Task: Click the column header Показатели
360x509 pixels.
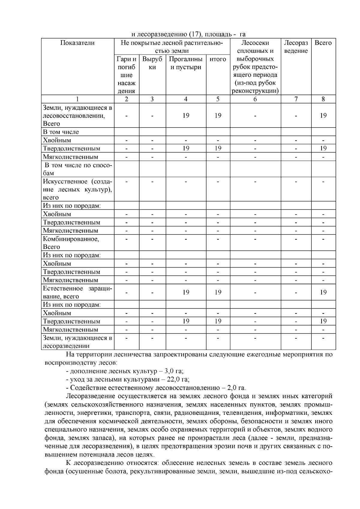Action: (x=77, y=43)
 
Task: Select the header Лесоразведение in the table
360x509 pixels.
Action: (x=296, y=47)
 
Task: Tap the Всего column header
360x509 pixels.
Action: (x=323, y=43)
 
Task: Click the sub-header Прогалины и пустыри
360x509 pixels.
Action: (x=186, y=63)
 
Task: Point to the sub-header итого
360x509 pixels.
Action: (x=218, y=59)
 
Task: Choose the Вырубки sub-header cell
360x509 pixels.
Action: (x=152, y=63)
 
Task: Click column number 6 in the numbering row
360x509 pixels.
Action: (x=255, y=99)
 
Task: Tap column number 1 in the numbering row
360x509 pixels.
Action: (x=77, y=99)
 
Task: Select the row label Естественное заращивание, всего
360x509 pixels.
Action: (x=77, y=292)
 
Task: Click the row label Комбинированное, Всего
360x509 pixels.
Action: (x=71, y=243)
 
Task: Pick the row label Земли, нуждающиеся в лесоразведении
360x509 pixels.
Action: (x=77, y=342)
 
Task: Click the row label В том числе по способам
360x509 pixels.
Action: (x=77, y=169)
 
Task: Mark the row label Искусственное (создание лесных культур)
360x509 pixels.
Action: (x=77, y=189)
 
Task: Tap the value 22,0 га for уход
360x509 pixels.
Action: (x=178, y=379)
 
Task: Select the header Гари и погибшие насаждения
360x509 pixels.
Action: (x=126, y=75)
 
